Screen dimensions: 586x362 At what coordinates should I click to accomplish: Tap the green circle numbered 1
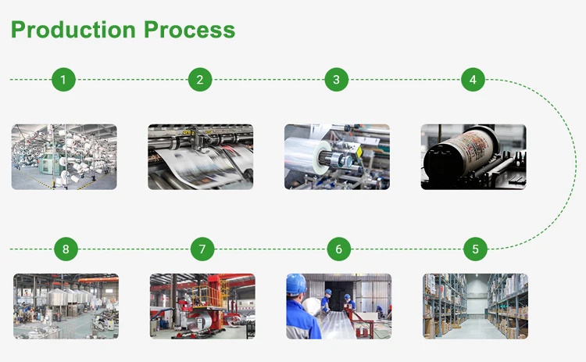(x=63, y=79)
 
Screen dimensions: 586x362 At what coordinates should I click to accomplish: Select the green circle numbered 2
(x=200, y=79)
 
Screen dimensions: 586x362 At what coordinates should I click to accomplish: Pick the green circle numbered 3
(x=336, y=79)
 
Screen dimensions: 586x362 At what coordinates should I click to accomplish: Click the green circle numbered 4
(x=473, y=79)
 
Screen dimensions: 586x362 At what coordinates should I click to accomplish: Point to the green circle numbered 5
(x=475, y=249)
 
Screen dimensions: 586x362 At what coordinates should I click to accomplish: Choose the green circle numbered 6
(x=338, y=249)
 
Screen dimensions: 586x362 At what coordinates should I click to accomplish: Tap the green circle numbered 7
(x=202, y=249)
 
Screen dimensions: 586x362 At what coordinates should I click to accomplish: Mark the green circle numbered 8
(x=66, y=249)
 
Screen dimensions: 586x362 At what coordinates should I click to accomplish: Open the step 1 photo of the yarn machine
(x=64, y=156)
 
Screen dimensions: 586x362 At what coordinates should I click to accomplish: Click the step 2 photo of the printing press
(x=200, y=156)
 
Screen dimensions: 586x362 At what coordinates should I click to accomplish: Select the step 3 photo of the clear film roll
(x=337, y=156)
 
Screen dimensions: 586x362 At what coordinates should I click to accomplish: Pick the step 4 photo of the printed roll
(x=473, y=156)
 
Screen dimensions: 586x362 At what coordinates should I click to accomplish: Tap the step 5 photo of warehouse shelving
(x=475, y=306)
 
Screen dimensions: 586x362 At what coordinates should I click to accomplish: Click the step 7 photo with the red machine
(x=202, y=306)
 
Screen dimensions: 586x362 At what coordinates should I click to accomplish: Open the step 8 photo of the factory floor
(x=66, y=306)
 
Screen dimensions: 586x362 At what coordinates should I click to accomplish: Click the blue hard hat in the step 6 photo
(x=296, y=284)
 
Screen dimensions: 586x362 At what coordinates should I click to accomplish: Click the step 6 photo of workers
(x=338, y=306)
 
